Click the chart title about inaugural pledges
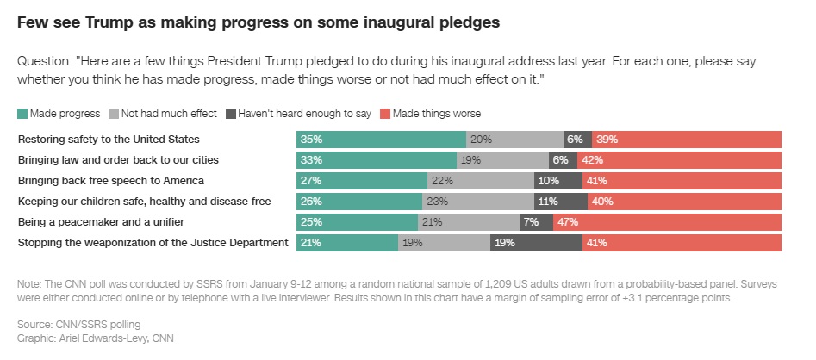click(258, 23)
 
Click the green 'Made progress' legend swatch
click(22, 114)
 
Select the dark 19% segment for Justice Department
click(535, 243)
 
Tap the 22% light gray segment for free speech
click(480, 181)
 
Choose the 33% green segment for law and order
click(377, 159)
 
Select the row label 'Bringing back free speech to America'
click(110, 181)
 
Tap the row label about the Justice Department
click(153, 243)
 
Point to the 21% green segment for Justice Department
click(347, 243)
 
